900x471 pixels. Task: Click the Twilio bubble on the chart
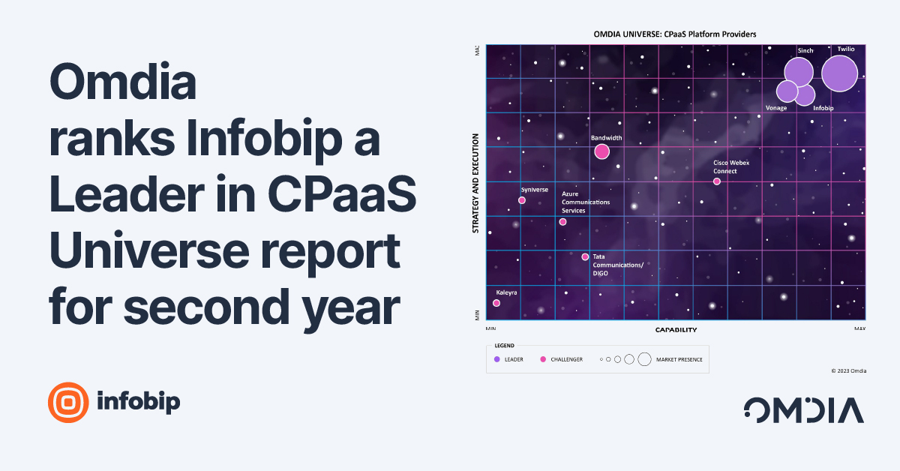point(839,73)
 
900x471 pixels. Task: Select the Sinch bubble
point(799,72)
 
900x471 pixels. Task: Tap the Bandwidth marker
point(601,151)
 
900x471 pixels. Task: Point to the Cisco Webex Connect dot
point(716,181)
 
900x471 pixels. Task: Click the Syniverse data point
point(522,200)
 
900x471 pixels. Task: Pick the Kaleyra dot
point(496,303)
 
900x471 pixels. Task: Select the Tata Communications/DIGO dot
point(585,256)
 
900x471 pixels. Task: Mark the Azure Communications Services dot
point(562,222)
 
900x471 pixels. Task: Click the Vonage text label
point(776,108)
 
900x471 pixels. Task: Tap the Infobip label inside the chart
point(823,108)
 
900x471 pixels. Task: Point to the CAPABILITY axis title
point(676,330)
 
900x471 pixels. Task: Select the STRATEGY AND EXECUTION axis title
point(475,184)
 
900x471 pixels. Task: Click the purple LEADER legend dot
point(496,359)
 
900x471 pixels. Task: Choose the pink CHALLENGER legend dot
point(543,359)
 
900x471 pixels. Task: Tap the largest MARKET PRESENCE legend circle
point(644,359)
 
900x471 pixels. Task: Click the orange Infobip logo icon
point(68,403)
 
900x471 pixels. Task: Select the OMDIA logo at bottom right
point(803,410)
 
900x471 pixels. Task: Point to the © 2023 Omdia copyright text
point(848,370)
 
